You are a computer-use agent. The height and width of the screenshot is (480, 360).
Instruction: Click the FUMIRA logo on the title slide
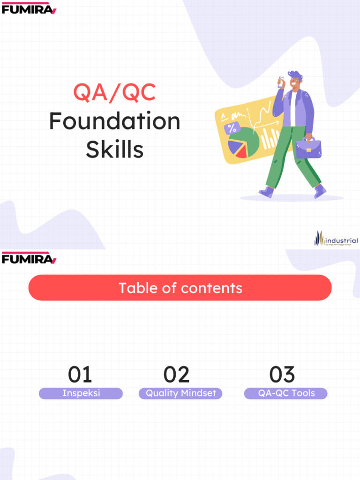[29, 8]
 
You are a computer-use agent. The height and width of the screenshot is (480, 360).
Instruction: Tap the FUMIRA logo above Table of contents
[29, 258]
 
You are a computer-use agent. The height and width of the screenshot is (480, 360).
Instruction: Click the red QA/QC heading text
[114, 92]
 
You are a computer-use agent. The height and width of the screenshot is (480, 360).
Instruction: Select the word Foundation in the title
[114, 121]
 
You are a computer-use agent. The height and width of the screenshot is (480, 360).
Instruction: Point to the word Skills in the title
[114, 150]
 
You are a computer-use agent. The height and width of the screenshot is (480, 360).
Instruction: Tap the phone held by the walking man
[281, 82]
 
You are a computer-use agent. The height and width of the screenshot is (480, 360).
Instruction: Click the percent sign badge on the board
[232, 128]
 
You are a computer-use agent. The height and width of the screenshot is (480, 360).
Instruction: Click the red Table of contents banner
[180, 288]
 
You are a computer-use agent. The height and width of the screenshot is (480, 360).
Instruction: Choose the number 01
[80, 375]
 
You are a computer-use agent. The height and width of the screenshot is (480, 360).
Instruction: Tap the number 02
[177, 375]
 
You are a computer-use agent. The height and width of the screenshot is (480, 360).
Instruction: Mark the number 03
[282, 375]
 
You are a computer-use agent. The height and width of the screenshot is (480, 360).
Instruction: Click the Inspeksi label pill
[81, 393]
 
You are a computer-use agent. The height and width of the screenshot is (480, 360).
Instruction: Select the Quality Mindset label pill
[180, 393]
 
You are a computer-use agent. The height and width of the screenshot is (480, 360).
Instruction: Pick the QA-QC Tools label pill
[286, 393]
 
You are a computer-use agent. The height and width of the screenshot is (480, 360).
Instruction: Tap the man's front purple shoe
[267, 192]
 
